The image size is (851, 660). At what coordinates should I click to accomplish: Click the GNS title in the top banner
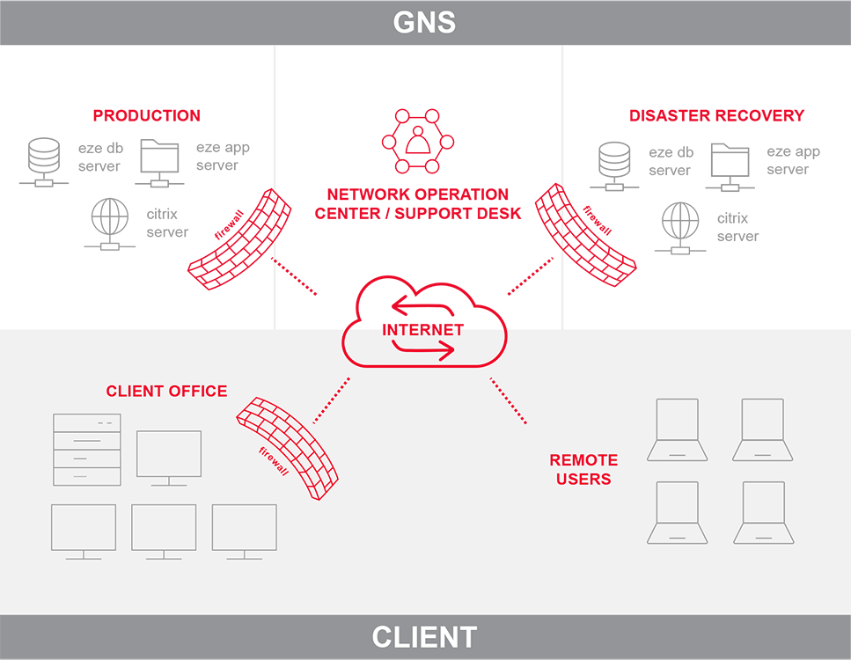click(x=424, y=21)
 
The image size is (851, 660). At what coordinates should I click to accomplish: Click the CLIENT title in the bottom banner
click(x=424, y=637)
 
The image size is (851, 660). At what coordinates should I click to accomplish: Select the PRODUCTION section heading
click(x=147, y=115)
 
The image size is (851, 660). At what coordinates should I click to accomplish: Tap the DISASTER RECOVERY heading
click(x=716, y=115)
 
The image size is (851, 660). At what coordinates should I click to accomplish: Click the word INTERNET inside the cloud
click(x=422, y=330)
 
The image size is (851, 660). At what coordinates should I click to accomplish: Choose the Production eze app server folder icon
click(x=158, y=162)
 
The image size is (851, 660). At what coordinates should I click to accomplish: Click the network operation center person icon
click(x=417, y=141)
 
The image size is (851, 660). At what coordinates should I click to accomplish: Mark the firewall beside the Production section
click(x=239, y=238)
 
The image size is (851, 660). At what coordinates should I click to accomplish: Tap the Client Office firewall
click(x=279, y=447)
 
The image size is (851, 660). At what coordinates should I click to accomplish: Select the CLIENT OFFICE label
click(x=166, y=391)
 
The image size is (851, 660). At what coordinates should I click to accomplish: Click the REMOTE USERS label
click(x=583, y=469)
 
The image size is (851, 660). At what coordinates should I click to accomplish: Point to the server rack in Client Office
click(x=87, y=450)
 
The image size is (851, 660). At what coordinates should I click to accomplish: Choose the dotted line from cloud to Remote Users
click(x=508, y=401)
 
